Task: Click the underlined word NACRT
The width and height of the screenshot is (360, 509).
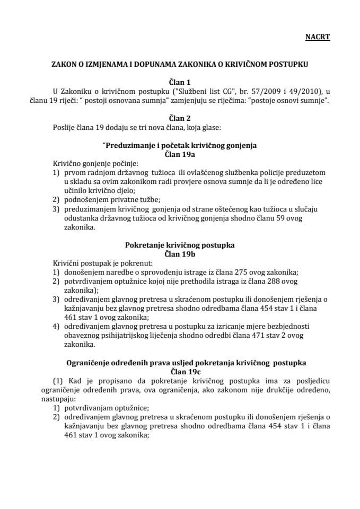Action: [x=318, y=38]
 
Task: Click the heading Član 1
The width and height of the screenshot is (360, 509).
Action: [x=180, y=82]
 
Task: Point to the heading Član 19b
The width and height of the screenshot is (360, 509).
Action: [x=180, y=253]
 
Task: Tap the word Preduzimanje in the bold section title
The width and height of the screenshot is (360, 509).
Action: [x=129, y=145]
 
